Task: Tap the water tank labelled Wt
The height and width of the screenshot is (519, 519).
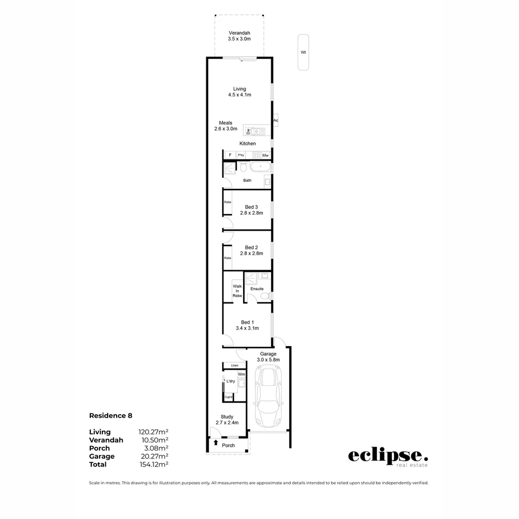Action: [x=303, y=52]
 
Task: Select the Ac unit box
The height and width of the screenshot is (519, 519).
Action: [x=276, y=120]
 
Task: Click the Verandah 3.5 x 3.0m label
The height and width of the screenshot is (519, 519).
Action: [x=239, y=36]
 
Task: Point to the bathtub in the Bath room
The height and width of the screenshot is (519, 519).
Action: [x=260, y=167]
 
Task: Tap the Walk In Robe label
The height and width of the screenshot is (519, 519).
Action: [x=237, y=291]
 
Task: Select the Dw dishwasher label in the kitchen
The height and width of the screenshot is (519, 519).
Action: [x=248, y=131]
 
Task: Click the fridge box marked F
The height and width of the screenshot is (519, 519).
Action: [x=230, y=155]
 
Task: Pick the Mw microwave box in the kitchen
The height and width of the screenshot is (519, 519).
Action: [x=265, y=155]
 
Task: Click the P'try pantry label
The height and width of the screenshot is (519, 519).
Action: [x=241, y=155]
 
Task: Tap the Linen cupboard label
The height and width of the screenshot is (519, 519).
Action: [x=235, y=366]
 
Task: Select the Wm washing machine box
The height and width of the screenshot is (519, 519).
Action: [x=242, y=374]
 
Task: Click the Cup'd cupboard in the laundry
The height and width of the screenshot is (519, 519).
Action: [x=229, y=397]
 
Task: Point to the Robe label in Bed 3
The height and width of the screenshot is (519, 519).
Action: [x=228, y=202]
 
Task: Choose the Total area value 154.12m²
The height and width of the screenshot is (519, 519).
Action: [x=153, y=465]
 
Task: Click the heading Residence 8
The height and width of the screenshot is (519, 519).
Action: [x=111, y=416]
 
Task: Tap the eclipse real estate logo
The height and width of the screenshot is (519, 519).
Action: [x=388, y=457]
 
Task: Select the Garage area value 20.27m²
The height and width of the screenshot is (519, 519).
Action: [x=153, y=457]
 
